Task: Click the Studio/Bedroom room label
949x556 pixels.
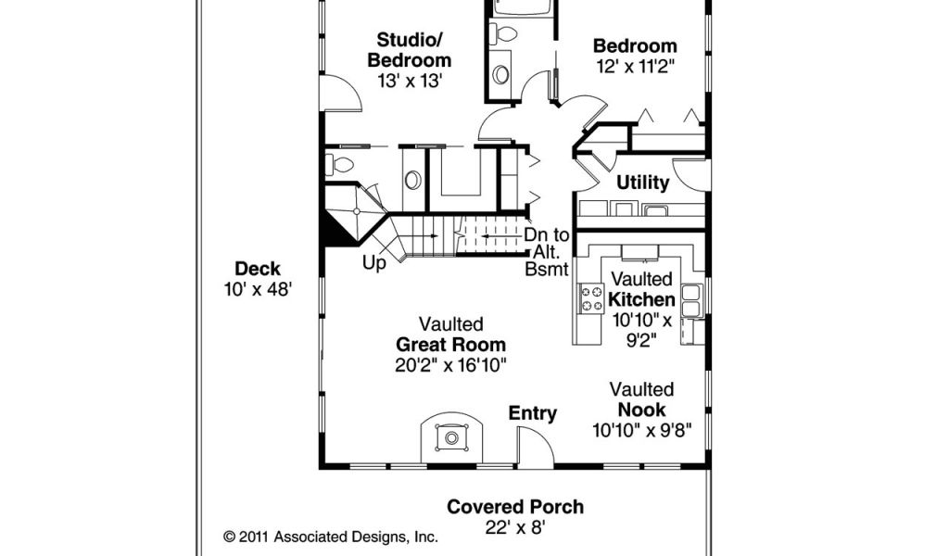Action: (x=410, y=50)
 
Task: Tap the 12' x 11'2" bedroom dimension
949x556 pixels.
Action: (x=636, y=66)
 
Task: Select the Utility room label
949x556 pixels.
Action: (x=643, y=183)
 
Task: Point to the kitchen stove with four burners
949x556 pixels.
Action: (x=592, y=298)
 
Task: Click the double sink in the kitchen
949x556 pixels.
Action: (x=691, y=300)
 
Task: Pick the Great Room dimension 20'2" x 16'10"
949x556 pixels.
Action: (x=451, y=365)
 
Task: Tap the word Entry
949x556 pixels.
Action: (x=533, y=413)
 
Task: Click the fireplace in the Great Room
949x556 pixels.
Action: (x=451, y=436)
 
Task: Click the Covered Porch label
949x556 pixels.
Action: (x=515, y=506)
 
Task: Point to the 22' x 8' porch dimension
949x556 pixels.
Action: (x=515, y=527)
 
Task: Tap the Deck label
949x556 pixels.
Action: (x=258, y=269)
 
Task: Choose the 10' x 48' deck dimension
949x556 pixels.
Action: (x=259, y=290)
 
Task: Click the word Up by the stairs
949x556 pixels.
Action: (x=374, y=263)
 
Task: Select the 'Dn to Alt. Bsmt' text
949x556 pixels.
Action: (x=547, y=252)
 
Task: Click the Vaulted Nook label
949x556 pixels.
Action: (x=641, y=399)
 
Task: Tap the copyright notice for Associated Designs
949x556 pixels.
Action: (x=331, y=537)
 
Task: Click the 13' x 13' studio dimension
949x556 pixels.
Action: (x=410, y=81)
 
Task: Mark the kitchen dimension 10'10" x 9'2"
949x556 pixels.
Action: (x=642, y=330)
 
